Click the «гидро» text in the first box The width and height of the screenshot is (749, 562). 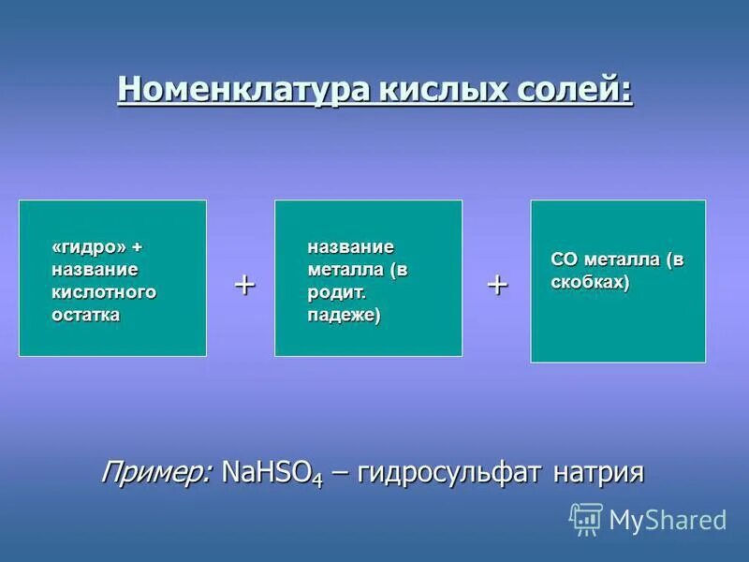pos(89,246)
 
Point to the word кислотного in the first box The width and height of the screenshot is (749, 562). pos(104,292)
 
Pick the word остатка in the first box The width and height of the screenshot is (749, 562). pos(85,315)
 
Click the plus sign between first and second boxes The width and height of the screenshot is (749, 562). pos(244,284)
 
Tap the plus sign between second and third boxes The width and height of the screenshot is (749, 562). pos(497,285)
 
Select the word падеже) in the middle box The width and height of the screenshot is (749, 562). pos(345,315)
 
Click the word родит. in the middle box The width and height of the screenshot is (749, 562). pos(335,292)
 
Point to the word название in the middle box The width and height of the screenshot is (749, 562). pos(351,246)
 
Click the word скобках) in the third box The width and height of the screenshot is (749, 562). pos(590,282)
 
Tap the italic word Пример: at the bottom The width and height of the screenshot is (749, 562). pos(156,470)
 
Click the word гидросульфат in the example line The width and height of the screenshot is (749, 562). pos(450,472)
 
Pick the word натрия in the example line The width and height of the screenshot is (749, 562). pos(598,472)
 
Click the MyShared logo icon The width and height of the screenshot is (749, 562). pos(586,519)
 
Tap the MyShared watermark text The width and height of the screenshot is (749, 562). pos(668,520)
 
